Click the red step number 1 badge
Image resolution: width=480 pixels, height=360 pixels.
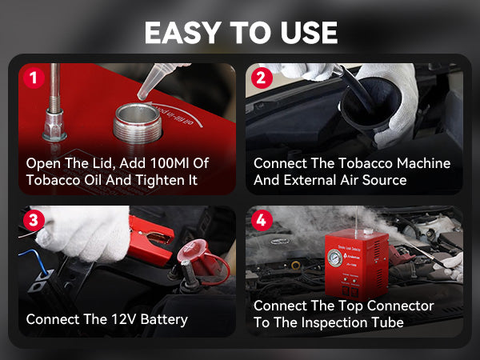click(34, 78)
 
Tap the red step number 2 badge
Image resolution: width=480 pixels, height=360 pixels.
click(262, 78)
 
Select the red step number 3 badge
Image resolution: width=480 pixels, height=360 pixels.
click(34, 220)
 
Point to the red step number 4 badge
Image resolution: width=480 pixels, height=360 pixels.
click(262, 220)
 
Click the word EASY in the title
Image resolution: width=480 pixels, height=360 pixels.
click(183, 33)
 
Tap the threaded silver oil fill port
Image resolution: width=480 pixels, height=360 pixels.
click(138, 123)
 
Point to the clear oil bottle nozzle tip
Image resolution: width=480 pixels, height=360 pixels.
click(142, 97)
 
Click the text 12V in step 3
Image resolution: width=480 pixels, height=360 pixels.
click(123, 319)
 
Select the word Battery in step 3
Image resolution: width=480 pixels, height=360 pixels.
click(164, 320)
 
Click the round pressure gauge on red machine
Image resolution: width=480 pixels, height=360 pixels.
click(334, 258)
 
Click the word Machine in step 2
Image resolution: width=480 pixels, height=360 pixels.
click(424, 163)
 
